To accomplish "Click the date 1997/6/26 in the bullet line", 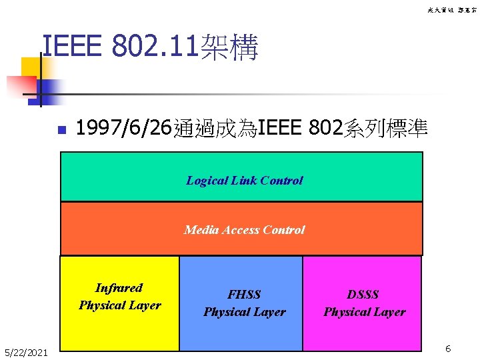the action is pos(124,127).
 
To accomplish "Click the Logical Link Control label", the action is pos(244,180).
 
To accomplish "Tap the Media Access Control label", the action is pos(244,229).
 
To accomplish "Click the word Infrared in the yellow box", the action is pos(119,288).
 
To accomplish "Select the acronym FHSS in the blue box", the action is pos(244,295).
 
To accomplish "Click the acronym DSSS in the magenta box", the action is pos(364,295).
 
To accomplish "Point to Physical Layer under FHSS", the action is pos(244,312).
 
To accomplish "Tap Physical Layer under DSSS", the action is pos(364,312).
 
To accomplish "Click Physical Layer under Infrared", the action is pos(119,305).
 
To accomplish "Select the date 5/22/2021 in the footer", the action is pos(26,351).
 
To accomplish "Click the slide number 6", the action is pos(449,349).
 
